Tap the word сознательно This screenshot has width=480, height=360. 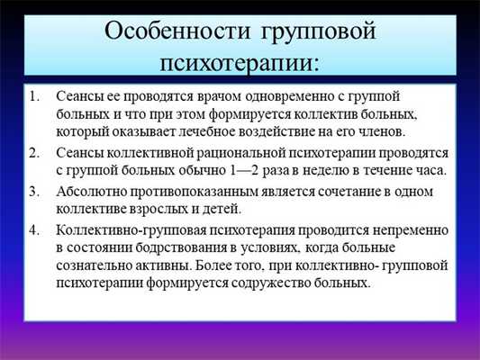(x=95, y=267)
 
